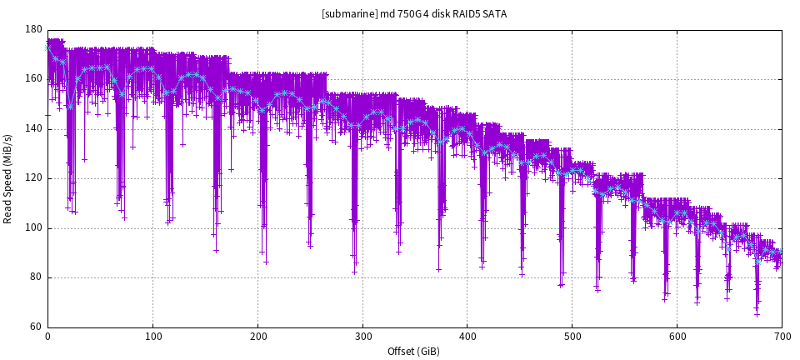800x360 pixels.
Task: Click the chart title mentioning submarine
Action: click(414, 14)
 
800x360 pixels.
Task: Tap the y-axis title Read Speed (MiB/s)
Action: click(8, 178)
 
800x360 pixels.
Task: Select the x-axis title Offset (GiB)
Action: click(414, 352)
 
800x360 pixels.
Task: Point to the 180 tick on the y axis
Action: click(34, 29)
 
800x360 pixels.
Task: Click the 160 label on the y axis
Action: click(34, 79)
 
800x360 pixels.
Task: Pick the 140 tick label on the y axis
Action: click(34, 128)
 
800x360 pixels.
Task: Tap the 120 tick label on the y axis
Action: click(34, 178)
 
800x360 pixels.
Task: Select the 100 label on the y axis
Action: click(34, 227)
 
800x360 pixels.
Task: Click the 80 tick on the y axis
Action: click(37, 277)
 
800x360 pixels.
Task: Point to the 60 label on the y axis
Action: click(37, 327)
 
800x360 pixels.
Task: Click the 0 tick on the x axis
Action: click(48, 336)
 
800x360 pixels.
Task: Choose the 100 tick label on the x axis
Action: click(152, 336)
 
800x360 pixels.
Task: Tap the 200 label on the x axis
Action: click(257, 336)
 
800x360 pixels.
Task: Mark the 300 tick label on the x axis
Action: click(362, 336)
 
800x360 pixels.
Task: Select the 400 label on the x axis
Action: click(467, 336)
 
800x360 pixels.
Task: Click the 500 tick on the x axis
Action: click(572, 336)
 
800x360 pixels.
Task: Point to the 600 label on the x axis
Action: click(677, 336)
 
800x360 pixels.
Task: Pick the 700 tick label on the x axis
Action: click(782, 336)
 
